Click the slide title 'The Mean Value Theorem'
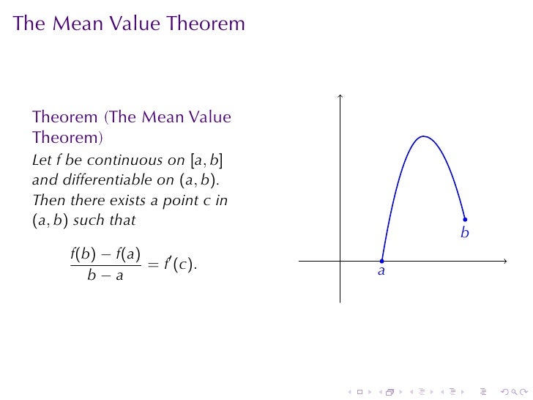click(129, 24)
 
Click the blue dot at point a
click(382, 260)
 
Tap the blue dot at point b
click(465, 219)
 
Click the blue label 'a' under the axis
click(381, 272)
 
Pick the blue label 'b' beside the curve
click(464, 233)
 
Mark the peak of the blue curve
click(423, 136)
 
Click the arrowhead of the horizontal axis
click(505, 260)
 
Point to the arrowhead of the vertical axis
click(340, 96)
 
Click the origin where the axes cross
click(340, 260)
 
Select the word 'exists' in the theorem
click(121, 199)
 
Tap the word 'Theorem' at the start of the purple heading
click(65, 117)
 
